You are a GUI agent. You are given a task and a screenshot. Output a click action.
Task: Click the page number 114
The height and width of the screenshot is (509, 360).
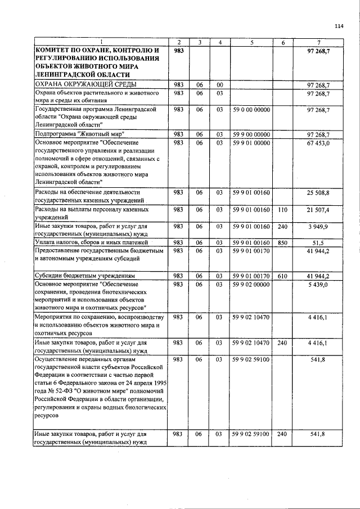[338, 26]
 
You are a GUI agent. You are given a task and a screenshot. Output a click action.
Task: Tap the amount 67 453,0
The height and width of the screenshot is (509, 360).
[318, 143]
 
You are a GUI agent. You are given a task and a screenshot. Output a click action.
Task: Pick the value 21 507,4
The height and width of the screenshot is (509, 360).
[318, 209]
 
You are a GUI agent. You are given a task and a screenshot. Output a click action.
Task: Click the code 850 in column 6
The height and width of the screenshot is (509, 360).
[283, 242]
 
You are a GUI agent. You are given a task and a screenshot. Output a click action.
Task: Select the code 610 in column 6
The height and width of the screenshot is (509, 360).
[283, 276]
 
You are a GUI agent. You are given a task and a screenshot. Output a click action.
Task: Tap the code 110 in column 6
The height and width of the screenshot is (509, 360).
[283, 209]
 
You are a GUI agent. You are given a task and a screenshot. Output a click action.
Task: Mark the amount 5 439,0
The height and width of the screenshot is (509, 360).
[320, 285]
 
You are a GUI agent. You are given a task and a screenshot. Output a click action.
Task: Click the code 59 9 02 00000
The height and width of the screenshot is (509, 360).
[251, 285]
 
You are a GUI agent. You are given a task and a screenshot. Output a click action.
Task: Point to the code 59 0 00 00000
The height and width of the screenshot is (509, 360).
[251, 109]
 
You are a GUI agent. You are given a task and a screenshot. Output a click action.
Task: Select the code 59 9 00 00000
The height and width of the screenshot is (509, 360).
[251, 134]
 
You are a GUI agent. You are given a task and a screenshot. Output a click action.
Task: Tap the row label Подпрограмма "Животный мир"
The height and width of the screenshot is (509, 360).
[80, 134]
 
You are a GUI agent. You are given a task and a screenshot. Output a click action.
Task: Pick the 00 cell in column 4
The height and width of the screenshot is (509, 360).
[220, 84]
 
